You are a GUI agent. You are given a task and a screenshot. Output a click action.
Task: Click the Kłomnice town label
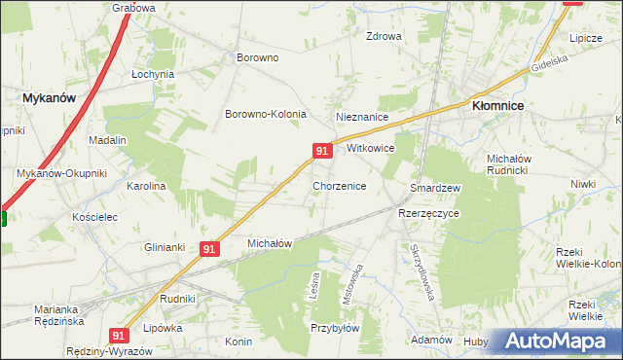click(498, 105)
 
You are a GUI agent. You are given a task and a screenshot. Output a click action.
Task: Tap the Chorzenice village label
click(339, 185)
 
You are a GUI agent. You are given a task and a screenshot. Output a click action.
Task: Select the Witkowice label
click(370, 149)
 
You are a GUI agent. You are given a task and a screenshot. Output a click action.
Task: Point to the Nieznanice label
click(362, 117)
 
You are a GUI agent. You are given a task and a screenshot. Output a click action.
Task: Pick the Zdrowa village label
click(384, 37)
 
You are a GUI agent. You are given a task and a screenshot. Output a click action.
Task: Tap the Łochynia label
click(153, 74)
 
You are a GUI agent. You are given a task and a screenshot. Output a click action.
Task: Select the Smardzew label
click(434, 187)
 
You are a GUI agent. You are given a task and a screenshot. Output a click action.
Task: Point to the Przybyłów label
click(336, 328)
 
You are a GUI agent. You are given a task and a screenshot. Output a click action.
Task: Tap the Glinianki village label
click(165, 247)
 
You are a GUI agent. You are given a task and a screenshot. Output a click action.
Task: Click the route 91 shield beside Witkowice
click(322, 150)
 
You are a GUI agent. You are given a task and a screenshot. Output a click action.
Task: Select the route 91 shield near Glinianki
click(208, 249)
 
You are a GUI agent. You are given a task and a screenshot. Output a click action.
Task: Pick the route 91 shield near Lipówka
click(119, 335)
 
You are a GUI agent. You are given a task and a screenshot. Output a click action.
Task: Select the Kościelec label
click(94, 217)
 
